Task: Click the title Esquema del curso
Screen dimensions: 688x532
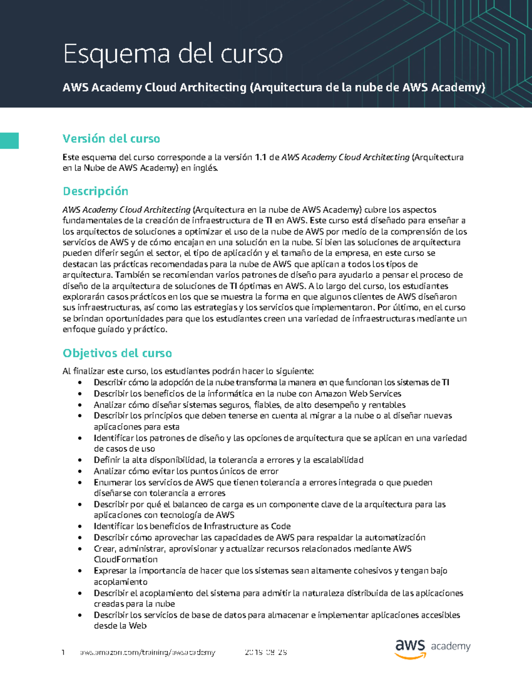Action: pyautogui.click(x=172, y=54)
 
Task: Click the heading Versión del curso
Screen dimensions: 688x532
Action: pyautogui.click(x=111, y=139)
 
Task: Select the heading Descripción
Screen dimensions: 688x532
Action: pyautogui.click(x=95, y=191)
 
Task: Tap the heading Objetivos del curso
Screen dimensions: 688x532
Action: pyautogui.click(x=117, y=353)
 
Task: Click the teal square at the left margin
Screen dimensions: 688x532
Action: pyautogui.click(x=9, y=140)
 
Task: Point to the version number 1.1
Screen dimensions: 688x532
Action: pyautogui.click(x=261, y=157)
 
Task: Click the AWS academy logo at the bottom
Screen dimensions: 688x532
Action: pyautogui.click(x=432, y=649)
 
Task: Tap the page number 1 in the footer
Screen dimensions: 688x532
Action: pyautogui.click(x=63, y=653)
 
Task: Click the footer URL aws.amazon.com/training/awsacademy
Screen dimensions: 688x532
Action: pyautogui.click(x=147, y=653)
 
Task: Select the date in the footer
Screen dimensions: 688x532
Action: pyautogui.click(x=266, y=653)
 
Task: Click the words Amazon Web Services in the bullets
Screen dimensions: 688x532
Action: pyautogui.click(x=358, y=393)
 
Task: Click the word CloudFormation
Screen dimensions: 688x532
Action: pyautogui.click(x=125, y=560)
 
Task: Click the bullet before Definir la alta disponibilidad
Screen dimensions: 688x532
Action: pyautogui.click(x=80, y=460)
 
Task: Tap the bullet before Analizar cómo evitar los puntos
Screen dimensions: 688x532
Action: pyautogui.click(x=80, y=471)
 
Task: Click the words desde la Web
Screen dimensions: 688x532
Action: pyautogui.click(x=120, y=626)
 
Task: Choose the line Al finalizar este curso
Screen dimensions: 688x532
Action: pyautogui.click(x=188, y=371)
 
